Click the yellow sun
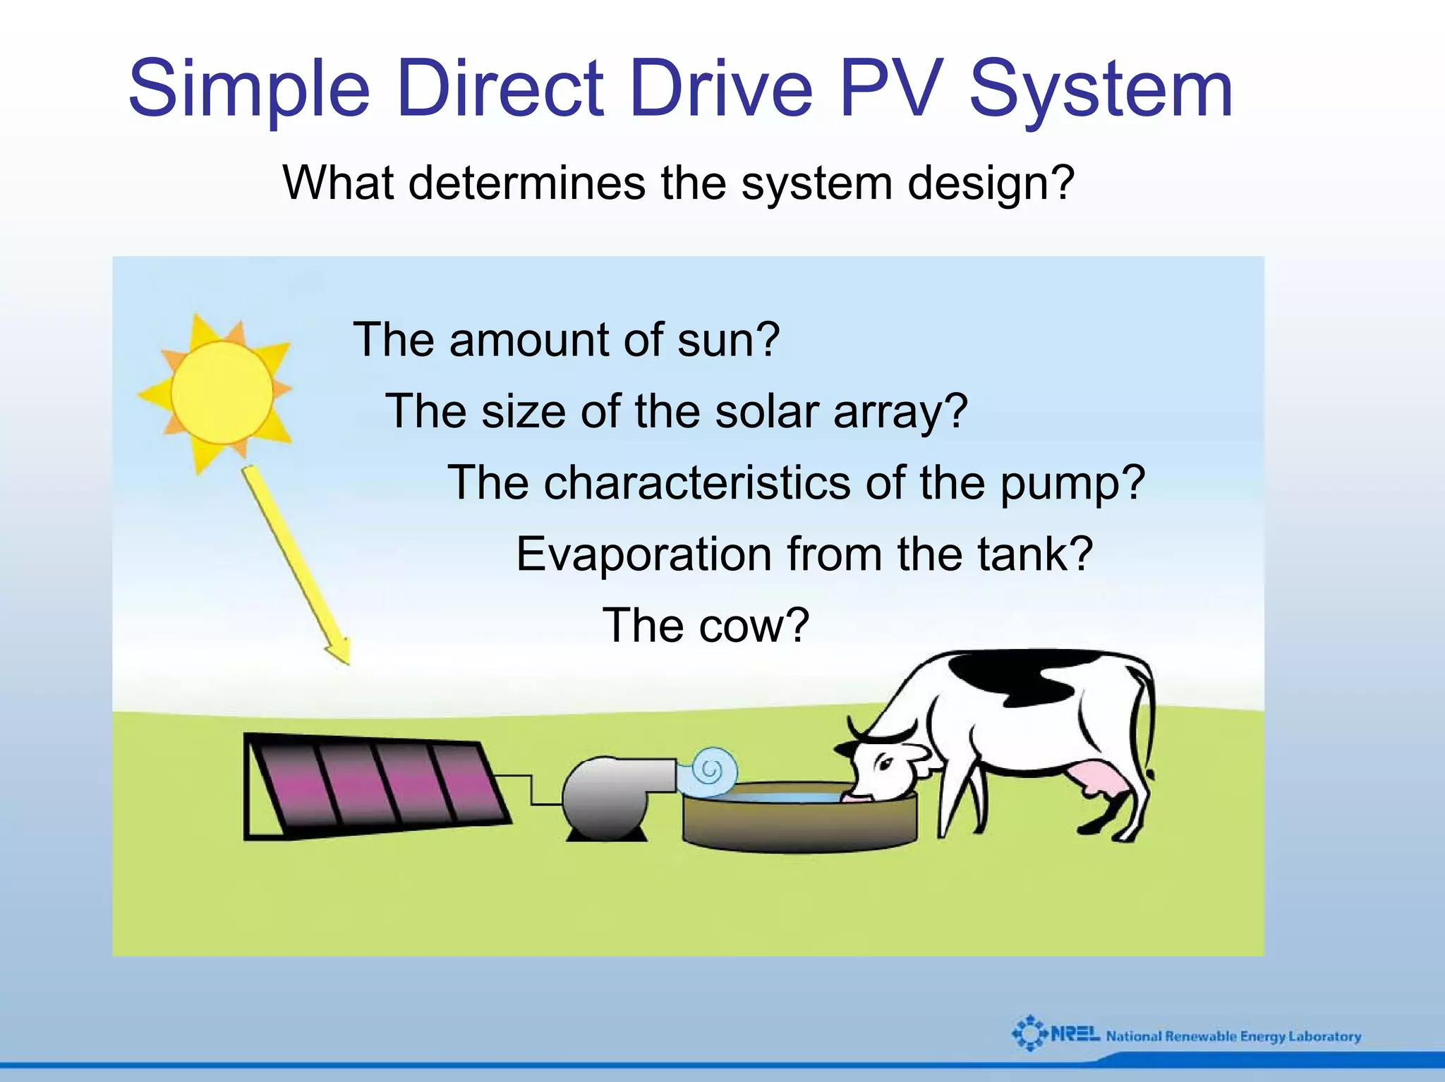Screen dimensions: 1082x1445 tap(221, 392)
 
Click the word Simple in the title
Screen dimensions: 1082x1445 tap(249, 90)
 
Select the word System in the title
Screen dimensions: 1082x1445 tap(1101, 90)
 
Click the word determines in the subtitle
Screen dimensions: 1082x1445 tap(526, 183)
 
